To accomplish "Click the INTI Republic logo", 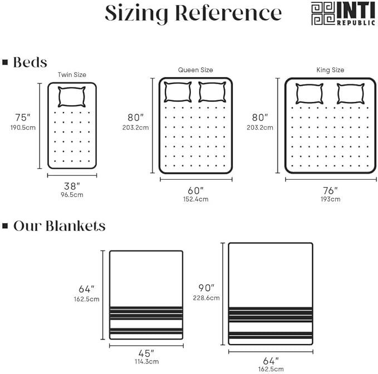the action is tap(343, 13).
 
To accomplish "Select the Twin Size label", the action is tap(72, 75).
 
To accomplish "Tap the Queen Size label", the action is tap(195, 70).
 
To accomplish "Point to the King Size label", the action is tap(330, 70).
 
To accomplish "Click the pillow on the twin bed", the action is tap(72, 97).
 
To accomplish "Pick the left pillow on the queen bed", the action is tap(178, 92).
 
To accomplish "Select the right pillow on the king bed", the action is tap(351, 93).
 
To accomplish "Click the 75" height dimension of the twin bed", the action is tap(23, 117).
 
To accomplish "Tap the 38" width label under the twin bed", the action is tap(72, 186).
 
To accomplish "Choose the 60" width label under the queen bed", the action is tap(195, 190).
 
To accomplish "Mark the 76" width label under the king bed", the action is tap(330, 190).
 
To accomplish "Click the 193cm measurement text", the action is tap(331, 199).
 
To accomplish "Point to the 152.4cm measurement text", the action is tap(196, 199).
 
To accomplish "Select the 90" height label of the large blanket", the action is tap(207, 288).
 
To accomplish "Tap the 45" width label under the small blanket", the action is tap(146, 353).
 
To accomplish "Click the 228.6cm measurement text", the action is tap(207, 298).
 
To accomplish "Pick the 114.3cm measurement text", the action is tap(147, 361).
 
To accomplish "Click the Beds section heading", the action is tap(30, 62).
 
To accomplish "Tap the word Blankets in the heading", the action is tap(76, 226).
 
